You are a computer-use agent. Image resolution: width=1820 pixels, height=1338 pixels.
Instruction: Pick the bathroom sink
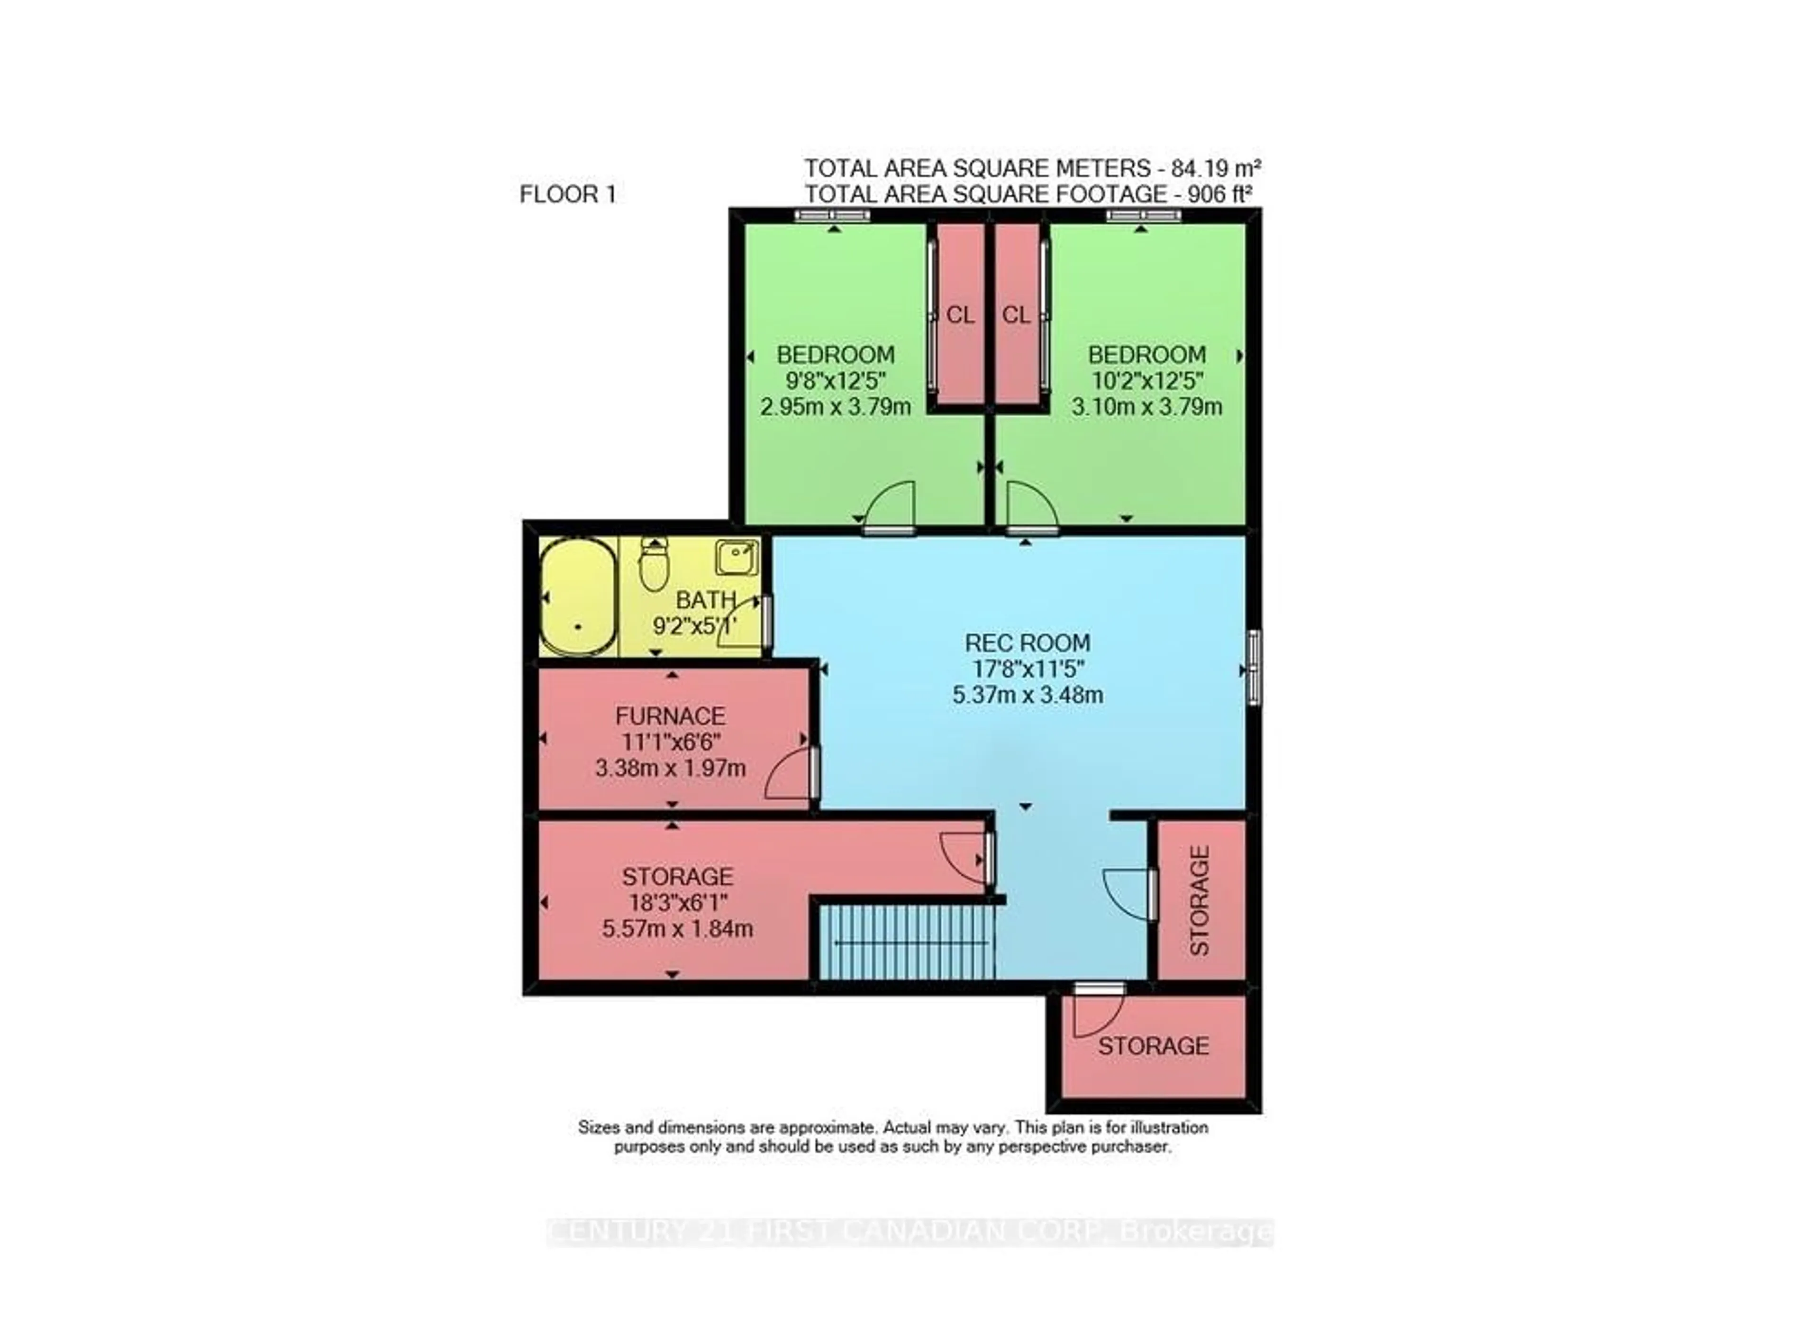click(736, 557)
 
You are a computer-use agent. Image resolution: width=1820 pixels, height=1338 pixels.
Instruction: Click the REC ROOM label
click(1027, 643)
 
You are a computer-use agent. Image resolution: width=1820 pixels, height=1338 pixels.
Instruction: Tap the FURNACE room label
click(670, 716)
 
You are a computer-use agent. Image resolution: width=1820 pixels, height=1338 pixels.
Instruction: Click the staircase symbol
click(907, 943)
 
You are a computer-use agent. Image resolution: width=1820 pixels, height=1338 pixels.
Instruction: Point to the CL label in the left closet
click(960, 315)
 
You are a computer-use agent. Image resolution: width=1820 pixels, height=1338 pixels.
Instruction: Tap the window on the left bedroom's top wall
click(831, 215)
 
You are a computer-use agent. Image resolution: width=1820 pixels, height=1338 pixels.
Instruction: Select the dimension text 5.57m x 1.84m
click(677, 928)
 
